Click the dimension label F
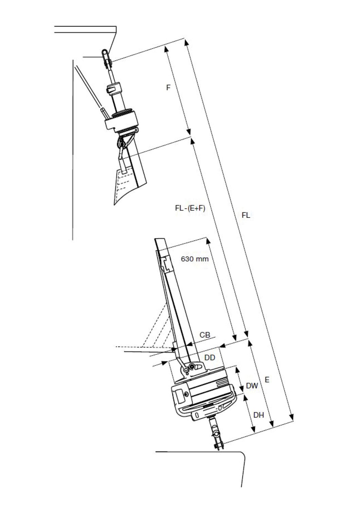click(168, 88)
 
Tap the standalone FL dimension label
click(246, 215)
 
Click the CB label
click(205, 335)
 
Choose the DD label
click(210, 357)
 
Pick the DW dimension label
click(252, 386)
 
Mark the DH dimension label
click(259, 415)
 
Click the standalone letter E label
click(267, 380)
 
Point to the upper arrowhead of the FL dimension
click(186, 42)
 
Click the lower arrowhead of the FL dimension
click(291, 416)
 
